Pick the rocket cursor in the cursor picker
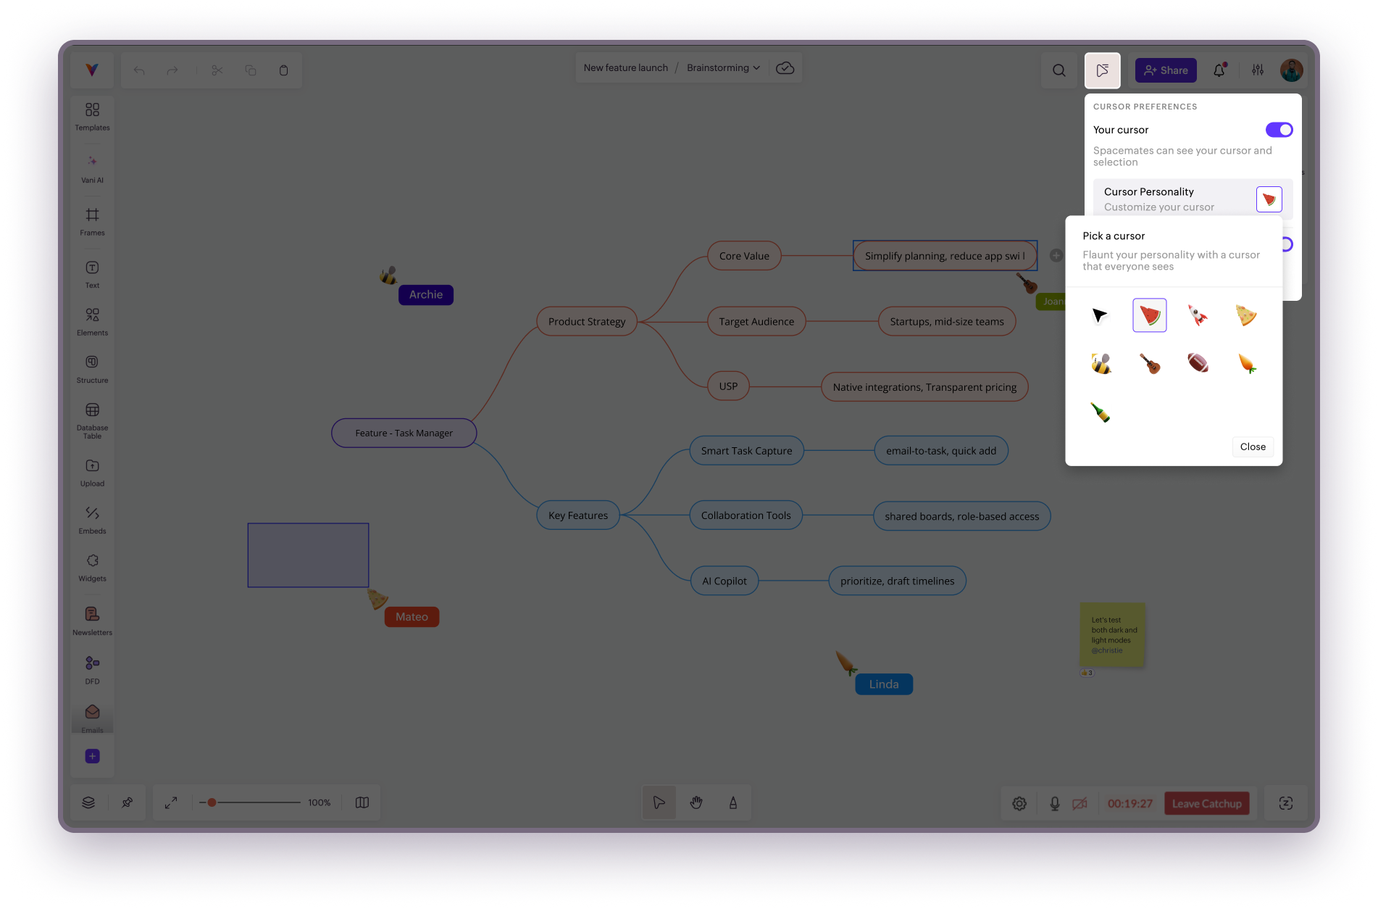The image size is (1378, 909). [1198, 315]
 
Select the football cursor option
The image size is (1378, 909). [1198, 362]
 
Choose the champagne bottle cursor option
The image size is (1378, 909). [1101, 412]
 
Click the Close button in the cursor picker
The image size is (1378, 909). [1252, 447]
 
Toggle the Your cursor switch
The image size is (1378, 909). [1279, 130]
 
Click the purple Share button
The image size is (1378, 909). [1166, 70]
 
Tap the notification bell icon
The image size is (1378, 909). [1219, 70]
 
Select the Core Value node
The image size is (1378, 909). [744, 256]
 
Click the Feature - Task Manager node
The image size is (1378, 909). [404, 433]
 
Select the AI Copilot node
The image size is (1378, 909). [724, 581]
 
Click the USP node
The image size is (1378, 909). [728, 386]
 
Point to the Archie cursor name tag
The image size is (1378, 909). [426, 294]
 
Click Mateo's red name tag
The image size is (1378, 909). [412, 617]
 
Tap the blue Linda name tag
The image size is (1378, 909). [883, 684]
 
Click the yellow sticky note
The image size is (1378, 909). [1112, 634]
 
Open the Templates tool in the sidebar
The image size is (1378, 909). [92, 116]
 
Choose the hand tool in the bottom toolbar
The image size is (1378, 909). [696, 802]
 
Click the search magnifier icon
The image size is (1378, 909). [1058, 70]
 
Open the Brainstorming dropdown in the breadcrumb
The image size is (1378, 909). [723, 67]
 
